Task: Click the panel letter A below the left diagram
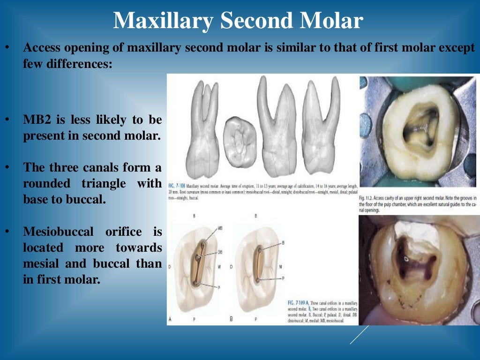(x=171, y=319)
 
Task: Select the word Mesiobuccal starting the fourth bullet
(x=54, y=231)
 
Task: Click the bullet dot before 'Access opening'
(x=8, y=48)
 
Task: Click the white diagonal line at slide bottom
(x=360, y=335)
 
